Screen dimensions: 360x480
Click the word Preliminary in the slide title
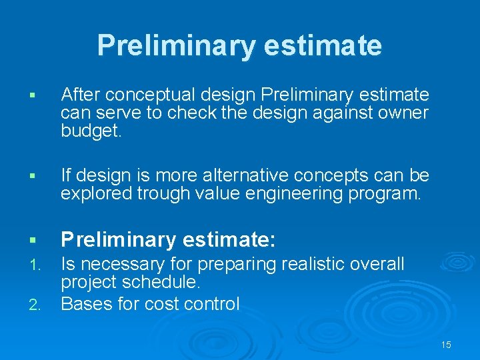coord(175,46)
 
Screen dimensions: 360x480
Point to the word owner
coord(402,113)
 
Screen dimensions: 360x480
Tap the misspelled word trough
coord(159,194)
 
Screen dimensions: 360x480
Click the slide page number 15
coord(446,345)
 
